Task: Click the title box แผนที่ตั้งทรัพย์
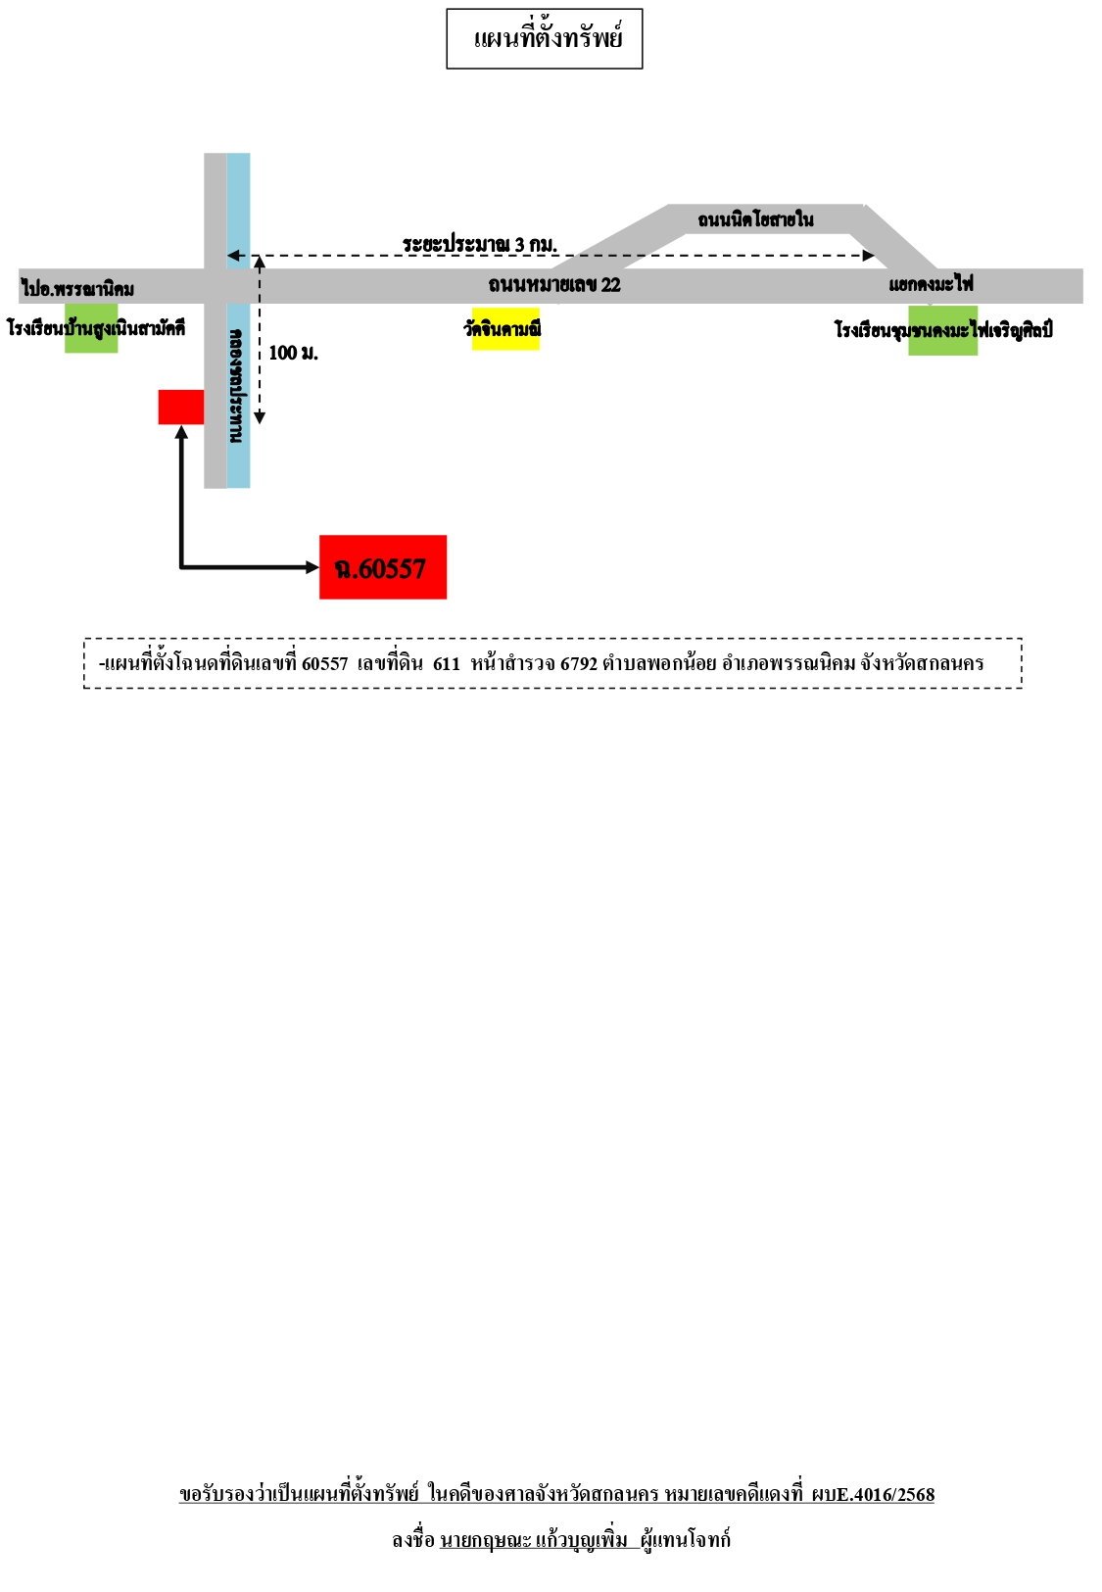tap(545, 38)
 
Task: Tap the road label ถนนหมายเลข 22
tap(554, 285)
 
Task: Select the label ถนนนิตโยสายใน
tap(755, 218)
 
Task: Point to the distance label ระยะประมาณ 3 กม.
tap(480, 243)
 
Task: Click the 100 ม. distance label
tap(293, 353)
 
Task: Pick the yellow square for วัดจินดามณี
tap(505, 328)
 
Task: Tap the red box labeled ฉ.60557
tap(383, 567)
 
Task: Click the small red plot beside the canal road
tap(180, 408)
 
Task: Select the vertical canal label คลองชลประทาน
tap(237, 386)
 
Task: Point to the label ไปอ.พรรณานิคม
tap(77, 289)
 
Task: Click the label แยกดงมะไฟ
tap(931, 284)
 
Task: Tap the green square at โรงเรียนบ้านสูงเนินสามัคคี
tap(91, 328)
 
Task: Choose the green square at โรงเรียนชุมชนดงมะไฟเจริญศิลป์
tap(943, 330)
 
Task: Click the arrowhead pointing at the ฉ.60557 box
tap(312, 567)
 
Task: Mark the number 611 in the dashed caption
tap(447, 664)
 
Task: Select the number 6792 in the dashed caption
tap(578, 664)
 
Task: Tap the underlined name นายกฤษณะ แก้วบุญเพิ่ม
tap(534, 1540)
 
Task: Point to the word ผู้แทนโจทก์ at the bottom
tap(685, 1540)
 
